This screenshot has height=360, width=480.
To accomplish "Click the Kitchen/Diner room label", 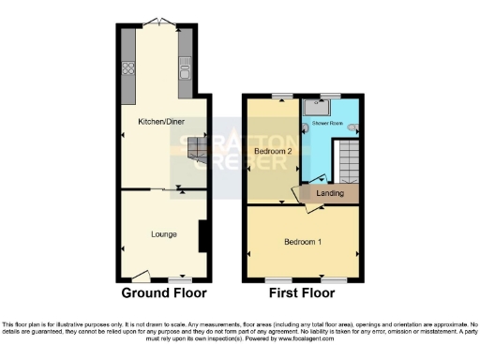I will (x=157, y=120).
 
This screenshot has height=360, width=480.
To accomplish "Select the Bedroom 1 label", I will (x=303, y=242).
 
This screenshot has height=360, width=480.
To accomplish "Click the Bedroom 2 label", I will (x=271, y=150).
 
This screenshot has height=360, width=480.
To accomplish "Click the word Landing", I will (x=330, y=193).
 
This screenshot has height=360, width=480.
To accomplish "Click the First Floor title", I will (x=302, y=292).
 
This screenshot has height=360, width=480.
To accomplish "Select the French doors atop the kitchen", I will (x=157, y=21).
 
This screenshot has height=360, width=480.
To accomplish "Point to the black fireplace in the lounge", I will (x=201, y=235).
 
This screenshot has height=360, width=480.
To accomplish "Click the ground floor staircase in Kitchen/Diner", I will (x=195, y=149).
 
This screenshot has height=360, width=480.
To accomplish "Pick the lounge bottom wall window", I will (x=180, y=279).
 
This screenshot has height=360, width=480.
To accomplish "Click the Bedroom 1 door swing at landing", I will (x=301, y=194).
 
